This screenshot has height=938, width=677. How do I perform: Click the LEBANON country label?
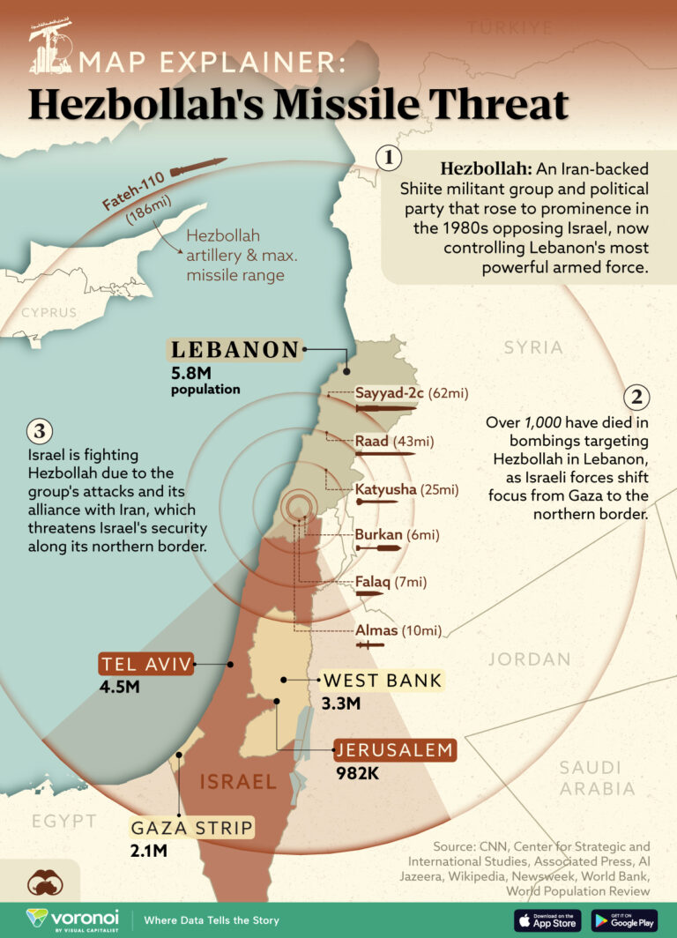click(x=235, y=350)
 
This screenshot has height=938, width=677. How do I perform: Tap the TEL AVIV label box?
click(x=145, y=665)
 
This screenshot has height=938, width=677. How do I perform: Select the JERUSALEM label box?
click(x=394, y=751)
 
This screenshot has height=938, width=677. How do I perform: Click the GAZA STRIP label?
click(x=192, y=828)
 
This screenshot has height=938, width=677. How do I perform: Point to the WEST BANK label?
click(x=382, y=681)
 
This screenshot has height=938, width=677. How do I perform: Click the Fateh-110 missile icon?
click(x=198, y=167)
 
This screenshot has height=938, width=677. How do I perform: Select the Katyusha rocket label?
click(x=381, y=488)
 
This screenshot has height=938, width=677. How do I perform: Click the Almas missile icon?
click(x=369, y=646)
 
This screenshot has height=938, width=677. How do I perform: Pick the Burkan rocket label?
click(x=379, y=534)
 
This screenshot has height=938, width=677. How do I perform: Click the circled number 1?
click(x=389, y=158)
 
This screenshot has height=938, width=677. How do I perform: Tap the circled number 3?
click(x=40, y=431)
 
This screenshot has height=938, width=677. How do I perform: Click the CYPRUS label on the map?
click(x=49, y=312)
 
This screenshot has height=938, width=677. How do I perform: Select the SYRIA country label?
click(x=533, y=347)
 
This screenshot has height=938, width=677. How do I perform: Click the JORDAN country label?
click(x=529, y=659)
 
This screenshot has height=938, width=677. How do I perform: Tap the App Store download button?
click(x=547, y=919)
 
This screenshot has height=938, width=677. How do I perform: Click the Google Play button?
click(x=624, y=919)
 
